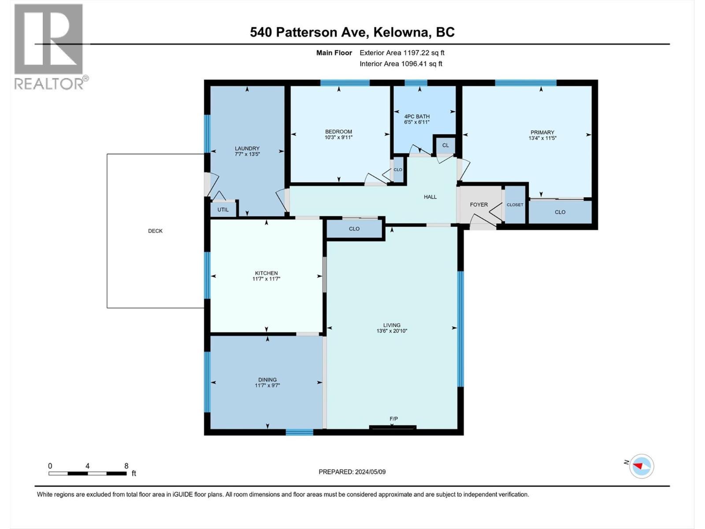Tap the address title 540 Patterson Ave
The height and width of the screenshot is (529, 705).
pos(352,32)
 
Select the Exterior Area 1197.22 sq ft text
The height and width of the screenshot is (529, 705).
pos(402,53)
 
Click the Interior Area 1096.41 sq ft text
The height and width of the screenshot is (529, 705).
pos(401,64)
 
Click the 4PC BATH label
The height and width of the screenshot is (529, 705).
pos(416,117)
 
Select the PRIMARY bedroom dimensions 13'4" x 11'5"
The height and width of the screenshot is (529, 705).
pos(542,138)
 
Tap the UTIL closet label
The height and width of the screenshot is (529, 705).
pos(223,209)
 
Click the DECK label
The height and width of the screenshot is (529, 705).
pos(155,231)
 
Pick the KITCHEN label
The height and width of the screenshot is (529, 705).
pos(266,273)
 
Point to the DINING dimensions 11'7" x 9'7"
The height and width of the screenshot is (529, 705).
pos(267,385)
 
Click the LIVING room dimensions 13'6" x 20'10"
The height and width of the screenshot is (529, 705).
pos(391,331)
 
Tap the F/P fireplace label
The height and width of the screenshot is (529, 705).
pos(393,419)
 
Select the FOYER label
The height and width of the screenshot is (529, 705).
pos(479,205)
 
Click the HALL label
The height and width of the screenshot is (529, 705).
pos(430,197)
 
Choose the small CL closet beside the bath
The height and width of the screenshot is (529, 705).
pos(445,145)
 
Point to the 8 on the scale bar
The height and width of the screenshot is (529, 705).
pos(126,466)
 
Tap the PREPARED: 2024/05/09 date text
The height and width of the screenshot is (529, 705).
pos(352,472)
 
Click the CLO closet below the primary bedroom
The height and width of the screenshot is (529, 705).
pos(560,212)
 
